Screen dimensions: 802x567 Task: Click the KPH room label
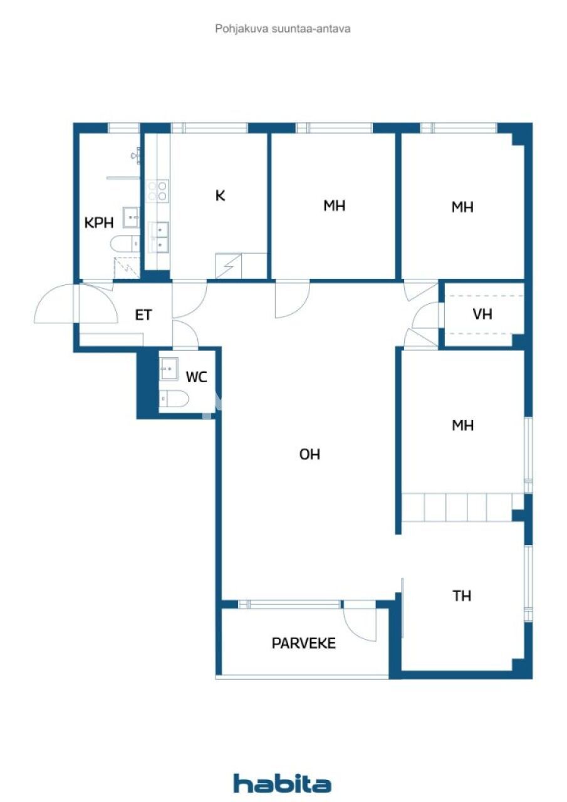click(99, 222)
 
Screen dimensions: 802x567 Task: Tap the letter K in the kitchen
click(220, 196)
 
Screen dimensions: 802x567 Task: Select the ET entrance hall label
click(143, 315)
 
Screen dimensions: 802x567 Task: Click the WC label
click(196, 377)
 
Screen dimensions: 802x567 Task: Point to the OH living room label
click(310, 454)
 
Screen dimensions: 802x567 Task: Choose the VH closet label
click(482, 314)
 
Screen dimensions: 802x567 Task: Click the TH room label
click(462, 596)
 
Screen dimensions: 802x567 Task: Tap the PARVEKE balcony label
click(304, 643)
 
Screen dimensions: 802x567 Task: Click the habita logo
click(283, 783)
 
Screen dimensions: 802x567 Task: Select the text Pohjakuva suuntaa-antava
click(283, 28)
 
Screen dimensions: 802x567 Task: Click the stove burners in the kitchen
click(157, 190)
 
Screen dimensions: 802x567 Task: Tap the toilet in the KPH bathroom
click(125, 242)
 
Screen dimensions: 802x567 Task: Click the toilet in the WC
click(174, 398)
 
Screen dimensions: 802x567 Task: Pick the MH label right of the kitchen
click(335, 206)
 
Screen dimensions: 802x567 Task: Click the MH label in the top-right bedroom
click(462, 207)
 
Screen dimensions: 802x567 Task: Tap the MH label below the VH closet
click(462, 426)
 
